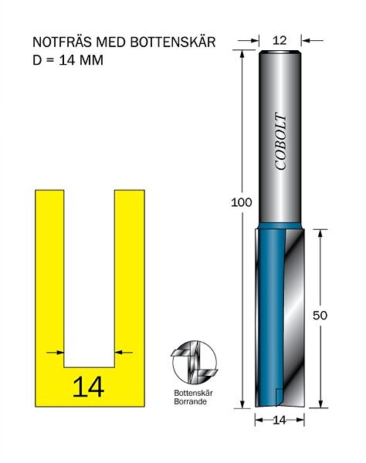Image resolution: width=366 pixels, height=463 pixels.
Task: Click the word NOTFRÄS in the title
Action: [x=63, y=42]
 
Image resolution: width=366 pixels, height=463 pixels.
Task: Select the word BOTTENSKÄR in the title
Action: [x=173, y=42]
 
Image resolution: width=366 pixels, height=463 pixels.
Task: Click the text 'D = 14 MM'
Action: [x=68, y=60]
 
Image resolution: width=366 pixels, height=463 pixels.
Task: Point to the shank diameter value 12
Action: [x=280, y=40]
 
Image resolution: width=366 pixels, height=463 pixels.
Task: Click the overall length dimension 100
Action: [x=242, y=202]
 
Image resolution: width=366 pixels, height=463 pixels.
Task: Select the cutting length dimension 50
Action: [x=320, y=316]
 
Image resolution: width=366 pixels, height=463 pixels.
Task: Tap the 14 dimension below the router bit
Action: [x=280, y=420]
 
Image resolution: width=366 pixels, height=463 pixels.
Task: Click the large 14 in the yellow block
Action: [x=88, y=387]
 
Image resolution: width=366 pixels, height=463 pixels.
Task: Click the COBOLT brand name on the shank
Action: [x=280, y=141]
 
